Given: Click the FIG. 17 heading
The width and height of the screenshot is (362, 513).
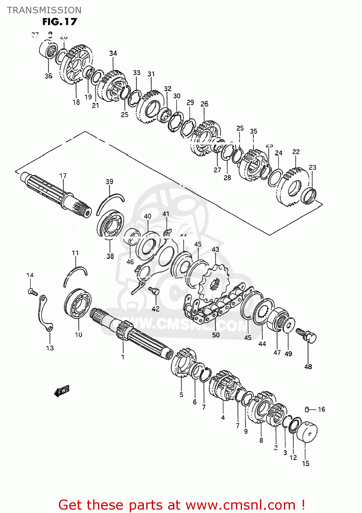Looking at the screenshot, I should point(60,22).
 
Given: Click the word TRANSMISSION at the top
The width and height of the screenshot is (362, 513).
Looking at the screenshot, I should point(44,10).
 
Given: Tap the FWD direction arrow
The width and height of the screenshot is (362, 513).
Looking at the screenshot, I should point(62,391).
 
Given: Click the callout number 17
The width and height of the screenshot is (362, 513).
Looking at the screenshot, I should point(63,176).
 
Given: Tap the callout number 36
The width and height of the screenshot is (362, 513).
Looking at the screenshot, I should point(48,76).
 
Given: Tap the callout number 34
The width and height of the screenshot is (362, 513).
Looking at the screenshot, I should point(113,53).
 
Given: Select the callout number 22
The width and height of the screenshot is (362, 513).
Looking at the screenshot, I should point(296,152).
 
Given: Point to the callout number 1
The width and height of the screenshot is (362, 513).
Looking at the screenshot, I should point(123,357).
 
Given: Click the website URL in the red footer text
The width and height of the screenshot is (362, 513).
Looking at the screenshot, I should point(240,505).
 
